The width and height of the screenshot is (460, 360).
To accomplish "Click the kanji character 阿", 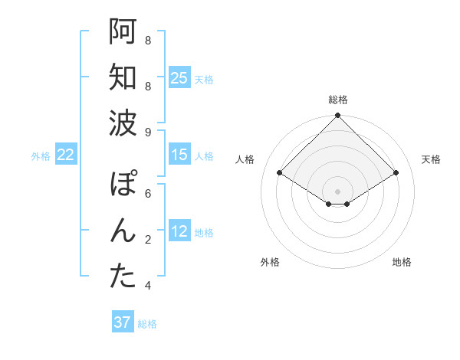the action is (123, 33).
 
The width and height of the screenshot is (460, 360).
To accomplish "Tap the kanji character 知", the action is (123, 78).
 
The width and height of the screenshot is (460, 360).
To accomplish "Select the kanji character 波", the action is (123, 123).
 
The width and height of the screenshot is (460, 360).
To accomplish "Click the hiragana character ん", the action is (123, 231).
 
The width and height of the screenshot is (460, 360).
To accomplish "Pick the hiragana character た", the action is (123, 277).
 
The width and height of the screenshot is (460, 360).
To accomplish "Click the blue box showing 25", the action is (179, 78).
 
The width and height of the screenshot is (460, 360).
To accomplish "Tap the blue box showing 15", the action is (179, 155).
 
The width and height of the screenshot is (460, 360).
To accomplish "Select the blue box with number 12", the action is (179, 232).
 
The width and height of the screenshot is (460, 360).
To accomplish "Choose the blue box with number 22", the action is (66, 155).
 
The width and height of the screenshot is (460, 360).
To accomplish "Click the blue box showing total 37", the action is (122, 322).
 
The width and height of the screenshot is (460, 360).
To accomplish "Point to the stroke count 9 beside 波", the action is (148, 133).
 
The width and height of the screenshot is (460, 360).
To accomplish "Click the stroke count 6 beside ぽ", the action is (148, 194).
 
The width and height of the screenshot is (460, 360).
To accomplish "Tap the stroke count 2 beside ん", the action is (148, 240).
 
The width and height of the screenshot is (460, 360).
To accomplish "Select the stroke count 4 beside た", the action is (148, 286).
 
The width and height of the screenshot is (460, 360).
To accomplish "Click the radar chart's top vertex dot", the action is (337, 116).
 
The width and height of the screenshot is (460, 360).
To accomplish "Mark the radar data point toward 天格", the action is (396, 173).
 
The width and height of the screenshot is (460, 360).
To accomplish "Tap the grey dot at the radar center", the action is (337, 190).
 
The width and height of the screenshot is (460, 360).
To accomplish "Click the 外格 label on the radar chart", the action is (270, 262).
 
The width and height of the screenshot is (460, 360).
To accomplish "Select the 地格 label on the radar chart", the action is (402, 262).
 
